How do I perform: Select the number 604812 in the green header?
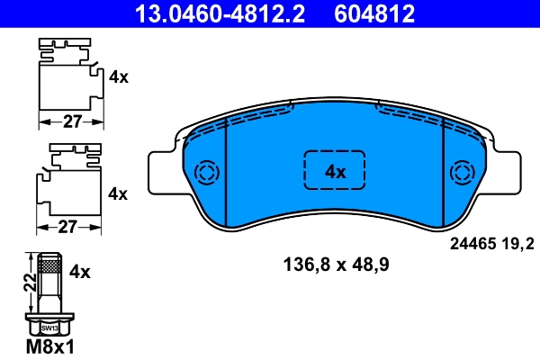[x=375, y=12]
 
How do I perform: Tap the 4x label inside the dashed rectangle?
[x=335, y=172]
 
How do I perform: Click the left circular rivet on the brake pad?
[x=206, y=173]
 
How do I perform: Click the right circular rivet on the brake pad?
[x=463, y=173]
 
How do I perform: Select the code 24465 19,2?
[x=491, y=243]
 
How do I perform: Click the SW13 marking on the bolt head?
[x=49, y=329]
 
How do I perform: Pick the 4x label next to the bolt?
[x=81, y=270]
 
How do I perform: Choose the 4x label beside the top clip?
[x=118, y=77]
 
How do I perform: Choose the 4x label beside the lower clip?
[x=118, y=193]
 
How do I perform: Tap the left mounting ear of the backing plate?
[x=160, y=172]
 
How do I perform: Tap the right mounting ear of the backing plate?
[x=508, y=172]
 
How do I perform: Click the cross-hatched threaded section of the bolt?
[x=50, y=266]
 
